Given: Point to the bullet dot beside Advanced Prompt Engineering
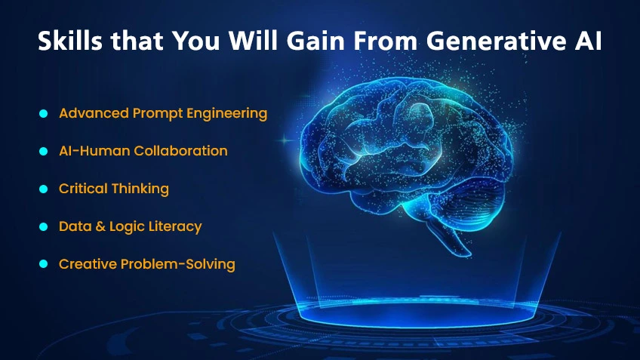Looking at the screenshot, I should coord(43,113).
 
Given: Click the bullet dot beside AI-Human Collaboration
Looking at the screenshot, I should coord(43,151).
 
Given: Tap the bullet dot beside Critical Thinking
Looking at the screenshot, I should coord(43,189).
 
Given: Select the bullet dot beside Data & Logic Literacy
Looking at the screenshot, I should coord(43,226).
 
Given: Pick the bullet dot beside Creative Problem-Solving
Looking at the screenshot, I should coord(43,264).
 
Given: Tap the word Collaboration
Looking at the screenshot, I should coord(180,151).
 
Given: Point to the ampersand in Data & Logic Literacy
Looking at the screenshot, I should coord(97,226).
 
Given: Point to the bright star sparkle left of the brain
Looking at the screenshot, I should coord(285,138).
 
